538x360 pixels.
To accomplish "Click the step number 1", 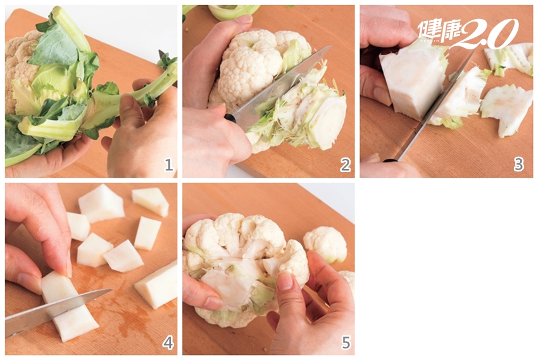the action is (168, 165).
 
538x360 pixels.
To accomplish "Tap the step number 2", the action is (345, 165).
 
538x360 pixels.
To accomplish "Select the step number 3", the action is (518, 165).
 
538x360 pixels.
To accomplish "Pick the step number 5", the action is (346, 342).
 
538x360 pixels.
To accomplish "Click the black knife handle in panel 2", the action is (230, 119).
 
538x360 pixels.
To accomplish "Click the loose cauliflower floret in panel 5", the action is (325, 244).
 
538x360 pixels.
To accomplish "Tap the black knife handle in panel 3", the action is (391, 160).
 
